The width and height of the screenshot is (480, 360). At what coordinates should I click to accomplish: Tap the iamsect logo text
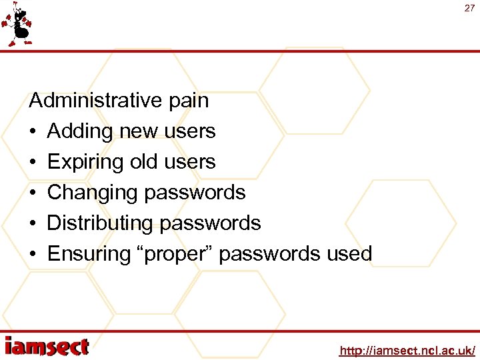pos(47,347)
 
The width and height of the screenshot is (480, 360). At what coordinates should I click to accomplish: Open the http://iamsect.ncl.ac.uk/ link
pos(407,350)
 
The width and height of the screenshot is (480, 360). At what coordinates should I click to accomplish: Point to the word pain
pos(188,101)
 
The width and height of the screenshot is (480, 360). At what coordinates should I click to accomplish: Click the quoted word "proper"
pos(174,254)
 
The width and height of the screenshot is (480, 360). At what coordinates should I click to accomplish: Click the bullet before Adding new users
pos(33,132)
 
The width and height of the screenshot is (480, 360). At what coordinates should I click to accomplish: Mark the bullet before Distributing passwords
pos(33,223)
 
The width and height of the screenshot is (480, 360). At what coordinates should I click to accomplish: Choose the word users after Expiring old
pos(189,162)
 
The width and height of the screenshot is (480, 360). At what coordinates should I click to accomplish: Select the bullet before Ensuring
pos(33,254)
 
